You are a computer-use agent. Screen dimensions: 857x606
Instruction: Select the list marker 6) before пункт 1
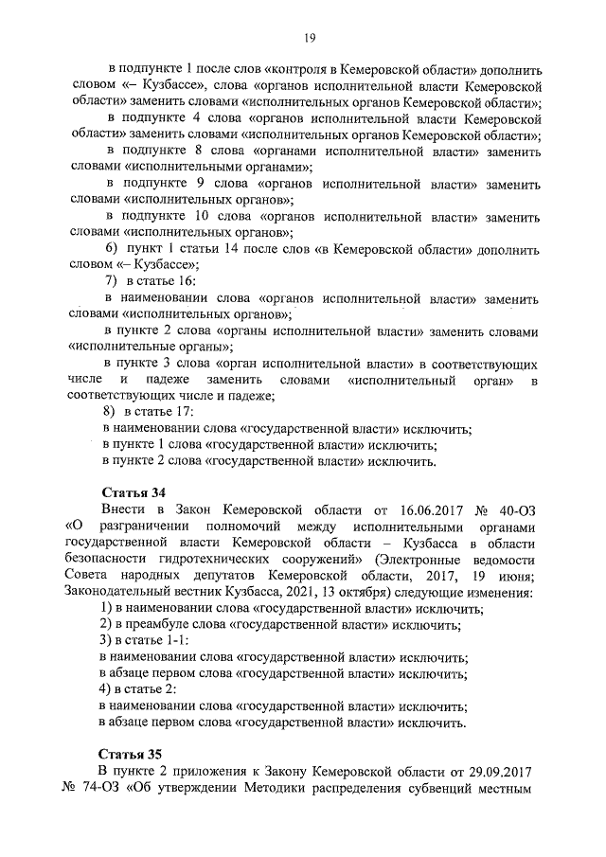(110, 249)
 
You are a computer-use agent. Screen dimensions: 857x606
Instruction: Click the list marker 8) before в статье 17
(110, 412)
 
